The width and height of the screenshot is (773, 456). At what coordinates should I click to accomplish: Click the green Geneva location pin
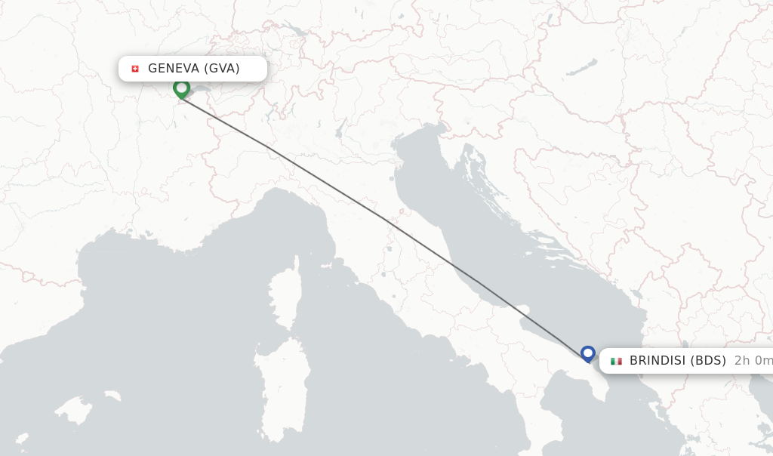[x=181, y=88]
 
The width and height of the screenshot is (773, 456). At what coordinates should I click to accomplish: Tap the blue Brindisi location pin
[x=588, y=353]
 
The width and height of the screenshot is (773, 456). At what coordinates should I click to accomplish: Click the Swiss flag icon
[x=135, y=69]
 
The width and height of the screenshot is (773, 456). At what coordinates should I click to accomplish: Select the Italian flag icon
[x=616, y=361]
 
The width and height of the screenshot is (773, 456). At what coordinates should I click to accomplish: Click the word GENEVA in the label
[x=174, y=69]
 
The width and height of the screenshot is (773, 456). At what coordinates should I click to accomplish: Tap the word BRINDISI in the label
[x=658, y=361]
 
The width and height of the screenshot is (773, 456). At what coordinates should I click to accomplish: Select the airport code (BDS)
[x=709, y=361]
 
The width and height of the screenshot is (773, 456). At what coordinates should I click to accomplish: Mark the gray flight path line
[x=385, y=220]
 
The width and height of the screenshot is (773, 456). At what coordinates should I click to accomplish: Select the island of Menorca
[x=111, y=396]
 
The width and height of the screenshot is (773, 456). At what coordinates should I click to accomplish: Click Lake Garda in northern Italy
[x=342, y=126]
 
